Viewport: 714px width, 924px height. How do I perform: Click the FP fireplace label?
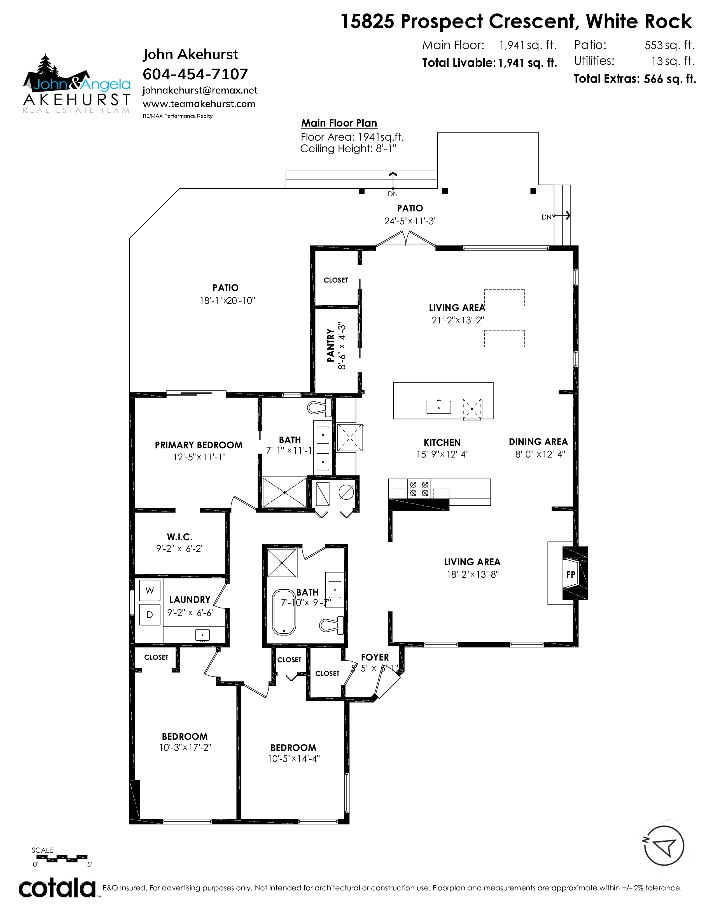[x=571, y=575]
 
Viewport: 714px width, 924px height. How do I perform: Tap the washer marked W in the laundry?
[x=150, y=590]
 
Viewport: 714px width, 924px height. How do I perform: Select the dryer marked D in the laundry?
[x=150, y=615]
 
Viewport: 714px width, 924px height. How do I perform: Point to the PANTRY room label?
[x=331, y=345]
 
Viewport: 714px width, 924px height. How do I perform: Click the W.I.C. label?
[x=180, y=537]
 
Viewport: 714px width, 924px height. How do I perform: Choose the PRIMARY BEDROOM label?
[x=199, y=445]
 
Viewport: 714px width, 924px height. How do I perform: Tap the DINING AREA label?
[x=538, y=442]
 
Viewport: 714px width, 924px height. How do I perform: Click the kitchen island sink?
[x=439, y=407]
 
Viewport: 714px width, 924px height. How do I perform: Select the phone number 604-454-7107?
[x=195, y=74]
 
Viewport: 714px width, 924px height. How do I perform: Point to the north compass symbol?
[x=664, y=845]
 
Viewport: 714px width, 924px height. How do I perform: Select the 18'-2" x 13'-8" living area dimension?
[x=473, y=574]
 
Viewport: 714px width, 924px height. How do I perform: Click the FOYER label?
[x=375, y=657]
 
